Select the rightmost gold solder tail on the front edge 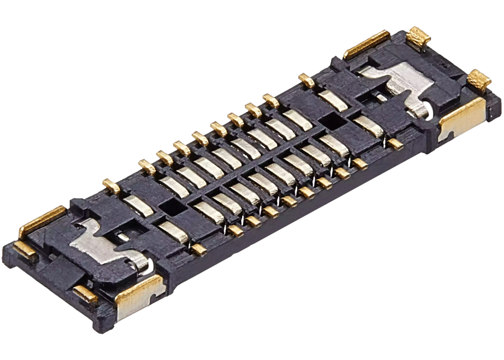coord(395,144)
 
